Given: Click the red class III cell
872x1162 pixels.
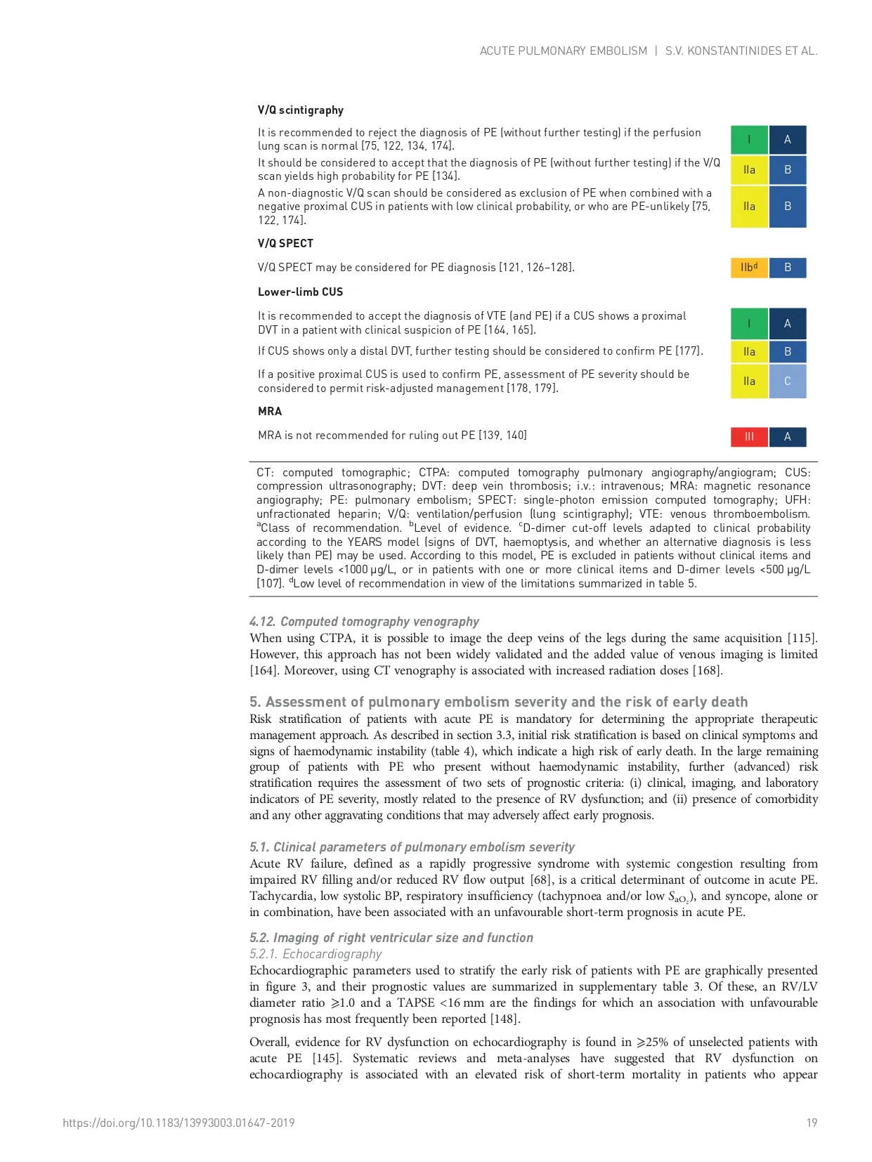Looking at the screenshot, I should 749,437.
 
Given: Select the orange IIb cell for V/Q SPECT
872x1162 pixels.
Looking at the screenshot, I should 749,268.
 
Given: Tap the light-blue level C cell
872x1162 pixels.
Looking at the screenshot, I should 788,381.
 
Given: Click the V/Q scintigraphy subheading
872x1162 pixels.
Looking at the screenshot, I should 300,110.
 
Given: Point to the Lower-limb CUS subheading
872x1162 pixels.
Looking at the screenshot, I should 300,292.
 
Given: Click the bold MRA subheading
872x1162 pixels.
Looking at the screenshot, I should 270,412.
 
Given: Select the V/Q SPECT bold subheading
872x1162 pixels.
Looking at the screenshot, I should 285,244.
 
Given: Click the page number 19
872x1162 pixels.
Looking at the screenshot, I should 812,1123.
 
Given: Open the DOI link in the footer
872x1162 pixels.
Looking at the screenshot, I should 178,1123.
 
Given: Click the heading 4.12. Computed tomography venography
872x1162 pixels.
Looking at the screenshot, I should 364,622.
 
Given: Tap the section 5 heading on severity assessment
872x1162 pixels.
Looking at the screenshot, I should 498,702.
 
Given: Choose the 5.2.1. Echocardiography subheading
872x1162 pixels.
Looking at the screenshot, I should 315,954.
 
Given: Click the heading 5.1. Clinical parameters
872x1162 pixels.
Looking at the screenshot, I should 412,847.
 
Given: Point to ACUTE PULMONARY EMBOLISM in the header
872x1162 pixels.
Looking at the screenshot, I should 564,51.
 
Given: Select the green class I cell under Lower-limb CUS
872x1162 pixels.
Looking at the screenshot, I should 749,324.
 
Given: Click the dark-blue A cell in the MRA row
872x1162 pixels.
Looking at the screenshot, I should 788,437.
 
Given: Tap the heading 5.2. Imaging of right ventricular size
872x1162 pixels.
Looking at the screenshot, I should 391,938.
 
